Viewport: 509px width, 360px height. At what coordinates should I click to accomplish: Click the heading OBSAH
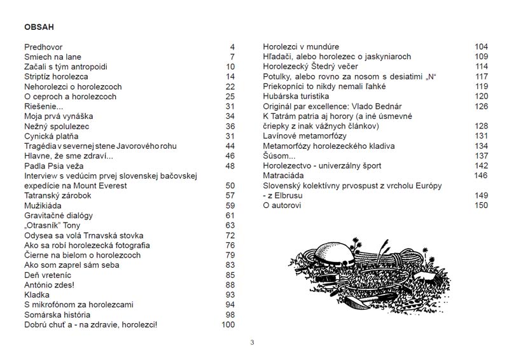[38, 28]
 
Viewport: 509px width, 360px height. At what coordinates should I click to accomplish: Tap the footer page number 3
[253, 343]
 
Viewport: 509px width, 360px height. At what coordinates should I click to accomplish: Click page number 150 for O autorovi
[481, 205]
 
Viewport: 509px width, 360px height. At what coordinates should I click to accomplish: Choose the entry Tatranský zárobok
[58, 195]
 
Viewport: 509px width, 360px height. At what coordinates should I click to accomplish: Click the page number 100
[228, 324]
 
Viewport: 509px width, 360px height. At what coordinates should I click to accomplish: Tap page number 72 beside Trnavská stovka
[230, 235]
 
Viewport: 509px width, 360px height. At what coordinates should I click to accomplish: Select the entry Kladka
[38, 295]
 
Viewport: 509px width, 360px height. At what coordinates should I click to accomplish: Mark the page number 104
[481, 47]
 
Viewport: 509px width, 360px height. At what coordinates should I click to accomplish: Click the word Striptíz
[39, 77]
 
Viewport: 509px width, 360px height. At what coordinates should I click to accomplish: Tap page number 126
[481, 106]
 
